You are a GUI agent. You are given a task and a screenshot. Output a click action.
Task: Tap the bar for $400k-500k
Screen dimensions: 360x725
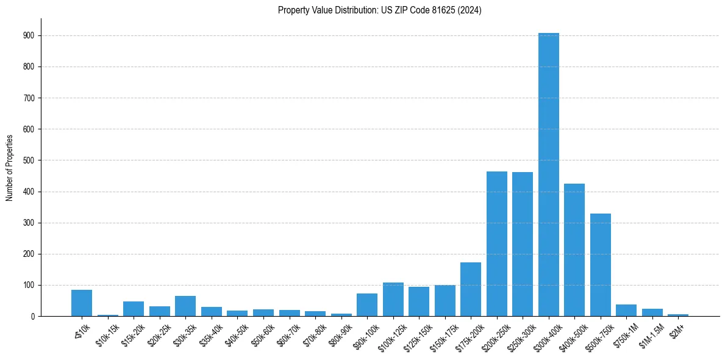[x=574, y=250]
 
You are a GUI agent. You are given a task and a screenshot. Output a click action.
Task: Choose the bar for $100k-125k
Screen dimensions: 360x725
[x=393, y=300]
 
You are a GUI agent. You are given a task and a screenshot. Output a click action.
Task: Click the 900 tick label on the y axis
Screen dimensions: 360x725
[x=28, y=35]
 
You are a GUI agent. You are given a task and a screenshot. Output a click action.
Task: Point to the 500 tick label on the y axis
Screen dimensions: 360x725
[x=28, y=160]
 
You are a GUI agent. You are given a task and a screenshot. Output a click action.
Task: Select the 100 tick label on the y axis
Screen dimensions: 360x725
[x=28, y=285]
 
